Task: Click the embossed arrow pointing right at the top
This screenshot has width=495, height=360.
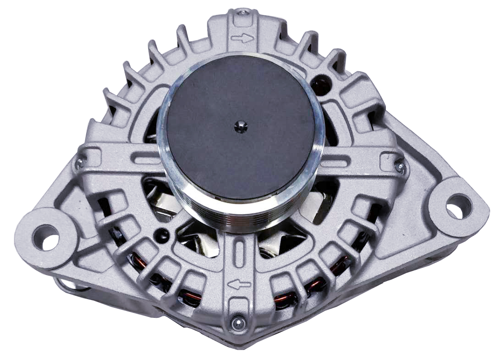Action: click(242, 38)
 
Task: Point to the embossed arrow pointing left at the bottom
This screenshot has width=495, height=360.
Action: click(239, 285)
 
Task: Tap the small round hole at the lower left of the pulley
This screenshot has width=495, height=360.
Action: click(160, 235)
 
